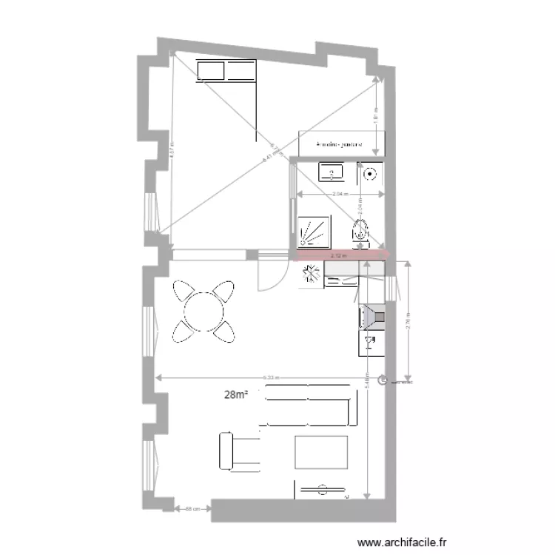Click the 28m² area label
click(x=236, y=395)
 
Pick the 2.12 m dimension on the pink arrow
click(x=340, y=256)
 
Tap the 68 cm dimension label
click(x=192, y=508)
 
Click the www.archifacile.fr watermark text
click(x=403, y=542)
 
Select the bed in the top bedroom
click(x=226, y=71)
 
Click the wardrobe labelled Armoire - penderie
click(x=339, y=144)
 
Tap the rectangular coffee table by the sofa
click(x=320, y=452)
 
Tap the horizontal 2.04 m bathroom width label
click(x=340, y=195)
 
